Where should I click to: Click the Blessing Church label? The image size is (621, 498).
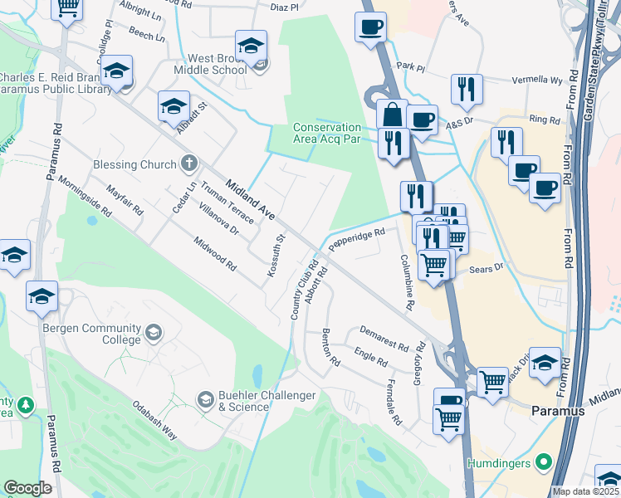coord(134,164)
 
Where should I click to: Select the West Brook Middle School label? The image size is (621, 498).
coord(210,64)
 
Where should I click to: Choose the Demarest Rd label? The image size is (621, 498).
coord(384,338)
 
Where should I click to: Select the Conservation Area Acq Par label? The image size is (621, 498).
coord(327,133)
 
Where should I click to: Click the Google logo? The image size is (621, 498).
coord(27,488)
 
